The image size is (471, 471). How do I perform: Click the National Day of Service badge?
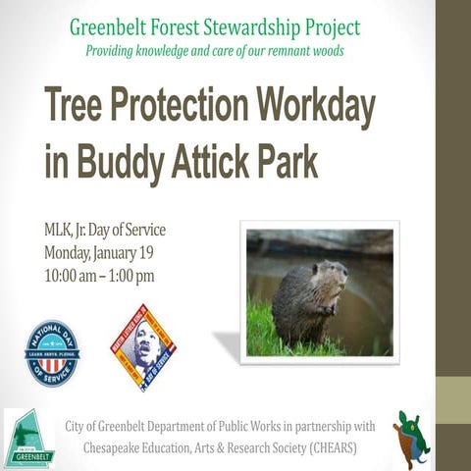tap(52, 349)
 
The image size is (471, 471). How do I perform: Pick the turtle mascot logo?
tap(412, 437)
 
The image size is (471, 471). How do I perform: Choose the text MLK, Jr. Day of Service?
tap(105, 232)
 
